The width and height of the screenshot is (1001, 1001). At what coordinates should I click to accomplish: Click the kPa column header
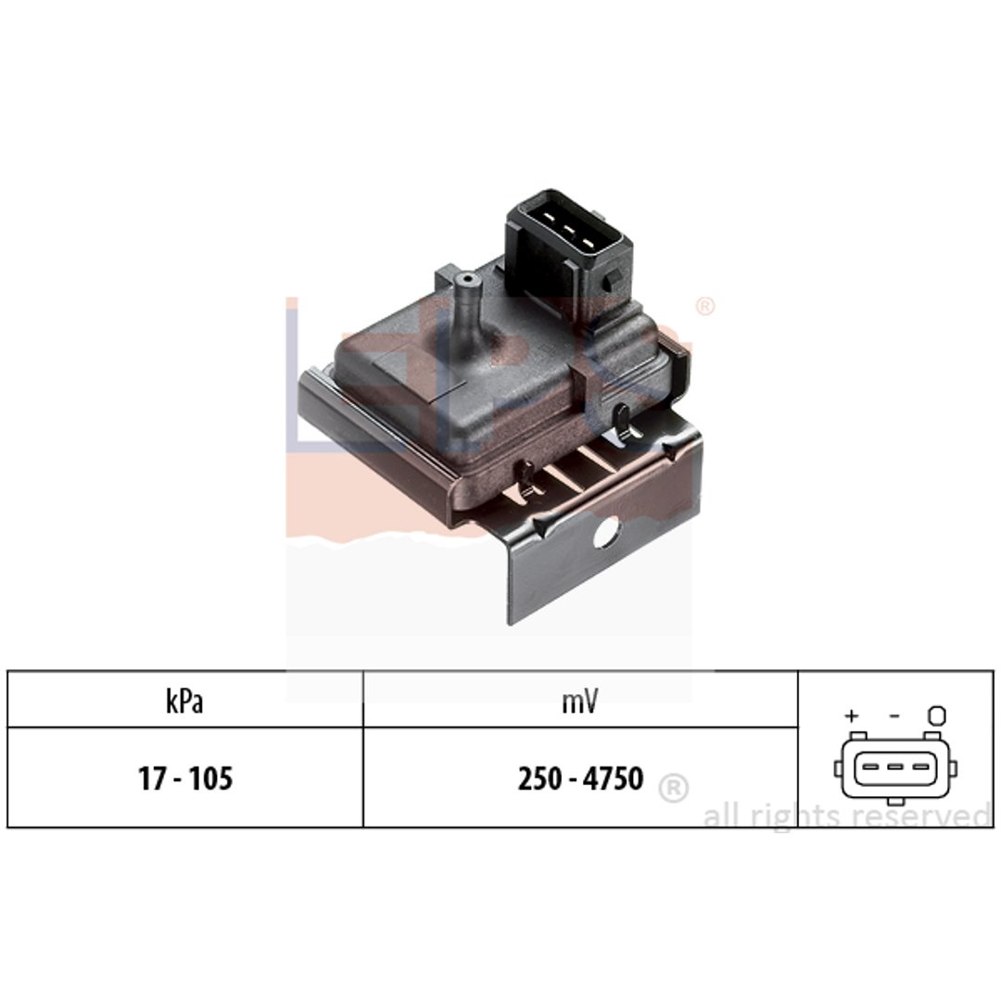184,702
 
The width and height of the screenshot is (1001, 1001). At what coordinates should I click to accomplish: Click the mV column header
579,703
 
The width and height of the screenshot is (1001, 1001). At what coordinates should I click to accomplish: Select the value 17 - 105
185,779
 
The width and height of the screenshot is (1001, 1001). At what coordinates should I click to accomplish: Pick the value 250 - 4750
580,779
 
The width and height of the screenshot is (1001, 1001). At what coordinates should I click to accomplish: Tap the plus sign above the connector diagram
851,716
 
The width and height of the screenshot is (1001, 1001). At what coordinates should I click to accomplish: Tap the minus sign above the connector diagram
894,716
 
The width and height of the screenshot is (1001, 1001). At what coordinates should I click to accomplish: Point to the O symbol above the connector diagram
936,715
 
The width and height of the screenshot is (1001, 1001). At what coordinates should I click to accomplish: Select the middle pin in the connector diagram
894,767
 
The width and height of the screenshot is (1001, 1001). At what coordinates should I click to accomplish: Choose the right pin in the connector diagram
920,767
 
